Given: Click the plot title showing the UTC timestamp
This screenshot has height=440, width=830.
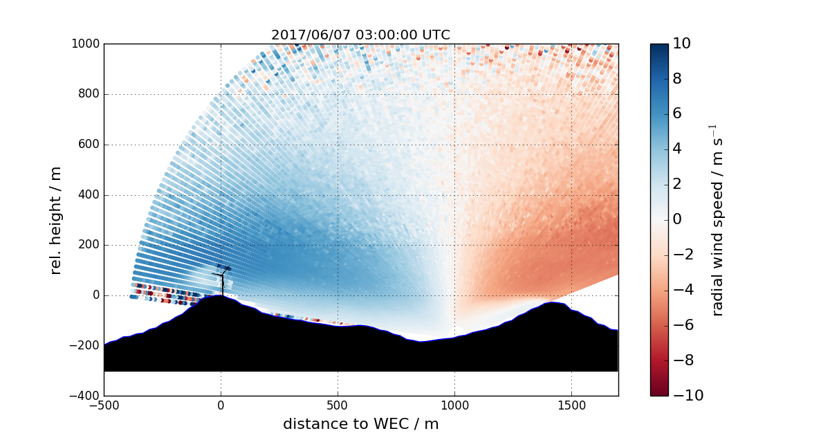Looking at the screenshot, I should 360,35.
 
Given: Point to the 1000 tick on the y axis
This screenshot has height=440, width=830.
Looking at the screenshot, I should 87,44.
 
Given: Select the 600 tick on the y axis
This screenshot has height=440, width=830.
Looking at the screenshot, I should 89,145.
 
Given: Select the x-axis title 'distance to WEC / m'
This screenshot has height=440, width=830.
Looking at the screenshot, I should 360,424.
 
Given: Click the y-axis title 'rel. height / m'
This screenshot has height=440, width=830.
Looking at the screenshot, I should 56,220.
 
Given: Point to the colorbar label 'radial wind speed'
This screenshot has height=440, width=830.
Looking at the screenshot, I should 717,220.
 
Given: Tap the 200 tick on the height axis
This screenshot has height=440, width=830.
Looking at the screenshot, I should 89,245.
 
